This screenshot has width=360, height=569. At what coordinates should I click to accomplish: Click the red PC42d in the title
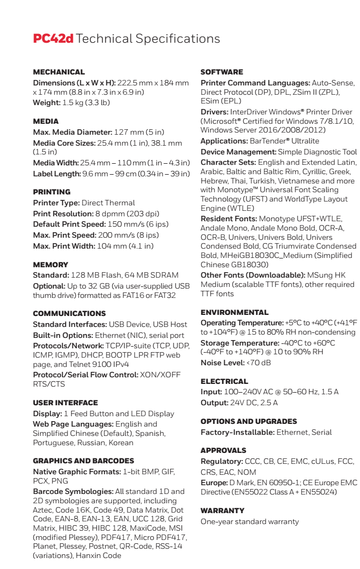tap(53, 39)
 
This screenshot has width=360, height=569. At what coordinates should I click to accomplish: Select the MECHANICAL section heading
tap(59, 72)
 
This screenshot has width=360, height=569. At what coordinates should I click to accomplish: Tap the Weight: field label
tap(47, 102)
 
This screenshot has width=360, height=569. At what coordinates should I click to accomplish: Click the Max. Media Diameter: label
tap(72, 132)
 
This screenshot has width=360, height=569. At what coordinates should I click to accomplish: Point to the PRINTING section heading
tap(52, 192)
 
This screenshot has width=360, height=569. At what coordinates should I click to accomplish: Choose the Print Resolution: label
tap(63, 214)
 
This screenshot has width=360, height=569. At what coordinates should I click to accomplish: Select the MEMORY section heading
tap(50, 265)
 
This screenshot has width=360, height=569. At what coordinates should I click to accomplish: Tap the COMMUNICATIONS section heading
tap(69, 313)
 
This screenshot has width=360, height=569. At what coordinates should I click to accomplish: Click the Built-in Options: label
tap(62, 335)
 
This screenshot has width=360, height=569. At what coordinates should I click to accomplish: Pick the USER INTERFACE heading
tap(65, 403)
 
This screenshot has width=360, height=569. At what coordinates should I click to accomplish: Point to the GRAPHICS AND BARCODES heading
tap(83, 461)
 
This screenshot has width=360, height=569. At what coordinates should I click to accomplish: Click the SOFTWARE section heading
tap(221, 72)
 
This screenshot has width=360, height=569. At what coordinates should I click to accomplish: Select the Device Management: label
tap(238, 152)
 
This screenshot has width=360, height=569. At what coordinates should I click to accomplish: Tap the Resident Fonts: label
tap(228, 219)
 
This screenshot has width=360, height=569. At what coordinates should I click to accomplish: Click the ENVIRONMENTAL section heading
tap(235, 312)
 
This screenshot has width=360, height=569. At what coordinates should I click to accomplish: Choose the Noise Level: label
tap(222, 363)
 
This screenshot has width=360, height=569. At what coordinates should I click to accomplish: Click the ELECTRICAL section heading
tap(224, 381)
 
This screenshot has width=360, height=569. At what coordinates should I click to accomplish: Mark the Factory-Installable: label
tap(237, 432)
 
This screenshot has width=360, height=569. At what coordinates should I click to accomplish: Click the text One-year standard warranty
tap(249, 521)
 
